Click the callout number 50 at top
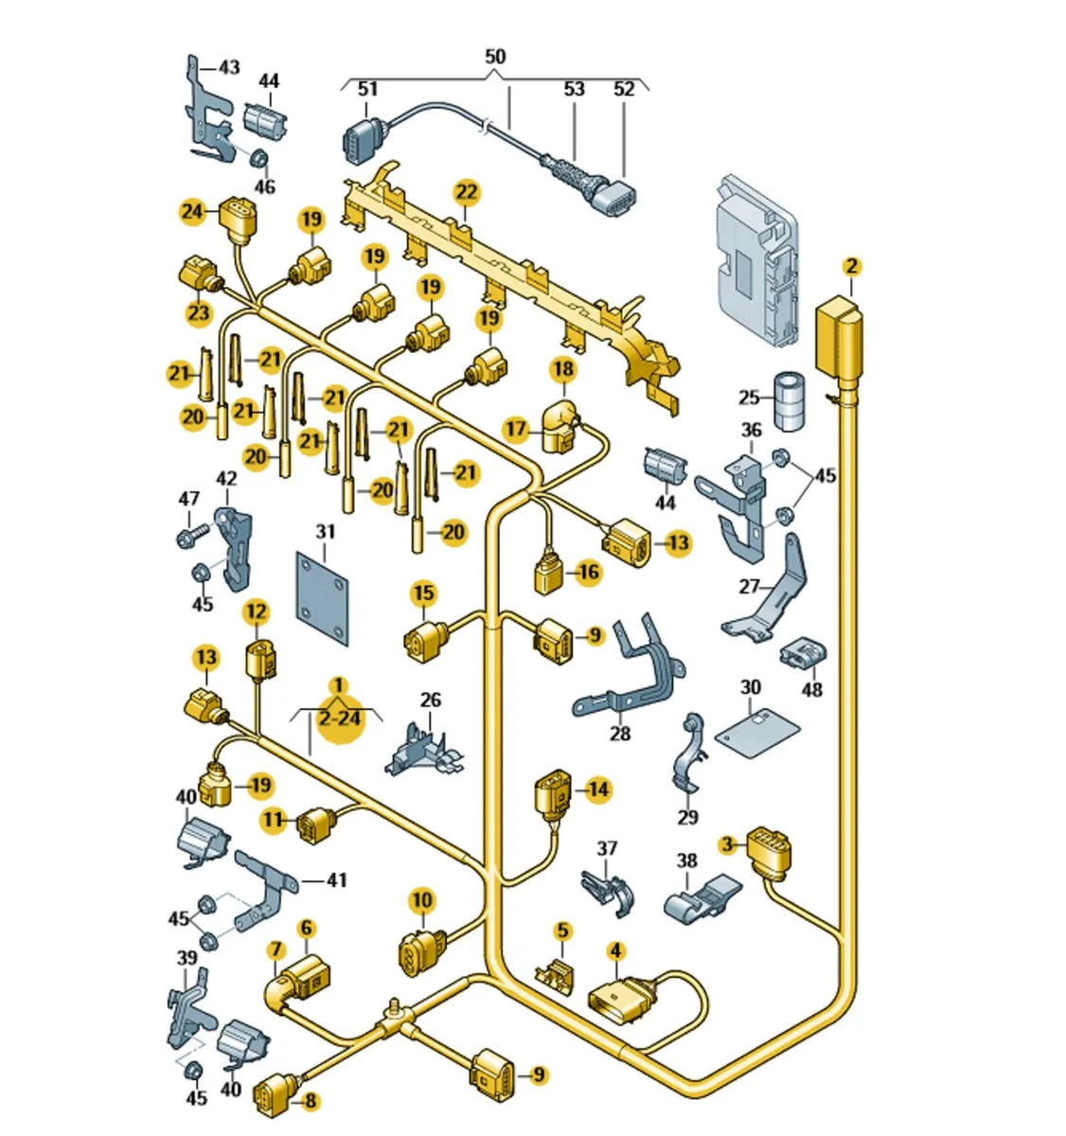point(495,57)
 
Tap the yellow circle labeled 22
point(466,193)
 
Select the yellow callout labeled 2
point(851,266)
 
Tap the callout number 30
point(750,686)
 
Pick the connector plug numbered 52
point(614,188)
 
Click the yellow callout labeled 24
point(192,210)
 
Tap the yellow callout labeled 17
point(515,430)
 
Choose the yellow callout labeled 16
point(588,572)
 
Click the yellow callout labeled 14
point(597,789)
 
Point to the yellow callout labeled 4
point(615,950)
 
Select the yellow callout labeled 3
point(726,843)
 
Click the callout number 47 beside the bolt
point(189,498)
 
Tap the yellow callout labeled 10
point(421,899)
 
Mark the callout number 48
point(812,688)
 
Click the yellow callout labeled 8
point(310,1100)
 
